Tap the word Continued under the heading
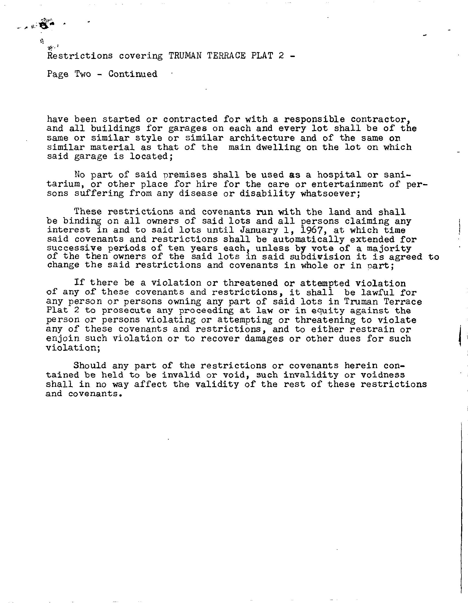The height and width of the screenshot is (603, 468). tap(132, 74)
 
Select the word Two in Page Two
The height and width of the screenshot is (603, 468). tap(83, 74)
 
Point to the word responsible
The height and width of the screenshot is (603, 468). tap(314, 119)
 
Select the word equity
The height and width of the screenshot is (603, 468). tap(325, 311)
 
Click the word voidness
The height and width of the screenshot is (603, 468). tap(383, 375)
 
